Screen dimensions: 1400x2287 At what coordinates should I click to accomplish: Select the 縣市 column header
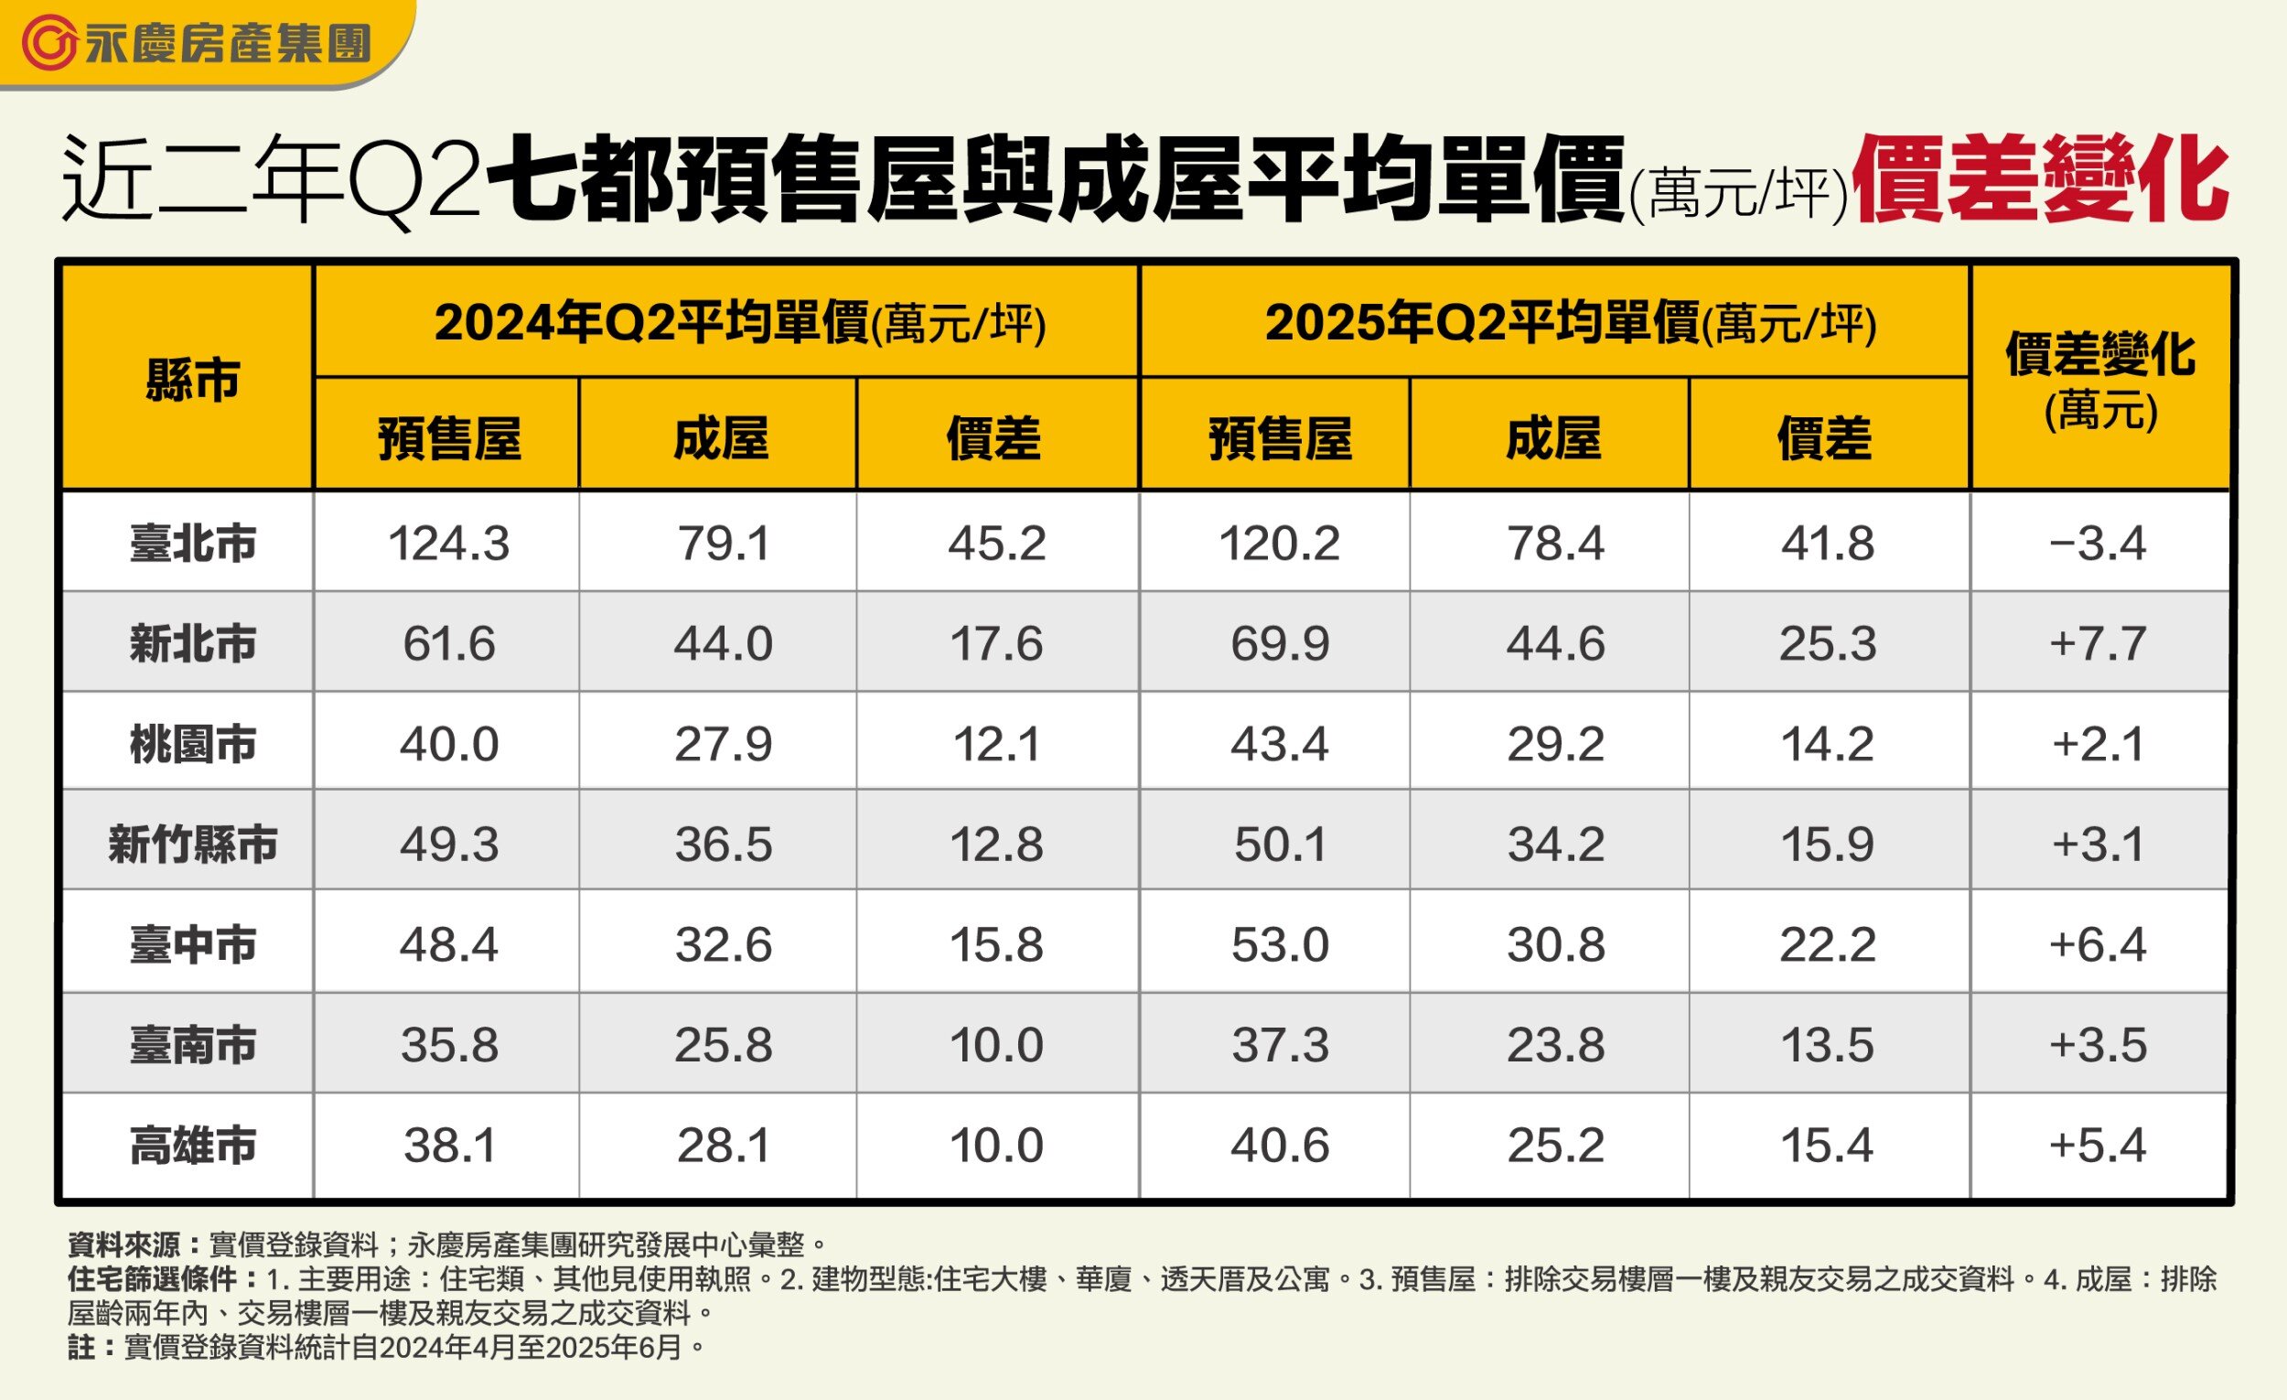(192, 380)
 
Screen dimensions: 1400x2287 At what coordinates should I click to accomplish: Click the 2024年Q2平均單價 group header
(740, 324)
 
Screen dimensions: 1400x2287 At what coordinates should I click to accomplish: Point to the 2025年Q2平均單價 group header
(1571, 324)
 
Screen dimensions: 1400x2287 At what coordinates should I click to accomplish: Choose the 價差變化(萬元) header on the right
(2100, 380)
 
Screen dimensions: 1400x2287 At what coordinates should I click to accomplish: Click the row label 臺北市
(192, 544)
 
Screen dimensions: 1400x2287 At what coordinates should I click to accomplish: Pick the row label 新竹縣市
(192, 844)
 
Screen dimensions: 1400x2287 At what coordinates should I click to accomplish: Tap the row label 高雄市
(192, 1146)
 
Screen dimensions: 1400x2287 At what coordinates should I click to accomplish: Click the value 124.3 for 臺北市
(448, 544)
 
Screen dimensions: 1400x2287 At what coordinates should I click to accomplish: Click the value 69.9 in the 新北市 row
(1279, 643)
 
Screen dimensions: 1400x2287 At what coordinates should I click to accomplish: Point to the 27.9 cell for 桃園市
(722, 744)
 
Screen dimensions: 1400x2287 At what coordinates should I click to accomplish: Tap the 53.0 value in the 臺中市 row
(1279, 945)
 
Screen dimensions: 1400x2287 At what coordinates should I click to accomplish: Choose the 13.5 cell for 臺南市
(1827, 1045)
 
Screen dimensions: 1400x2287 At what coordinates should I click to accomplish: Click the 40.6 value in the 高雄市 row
(1279, 1146)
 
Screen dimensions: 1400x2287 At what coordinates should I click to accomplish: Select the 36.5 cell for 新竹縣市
(722, 844)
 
